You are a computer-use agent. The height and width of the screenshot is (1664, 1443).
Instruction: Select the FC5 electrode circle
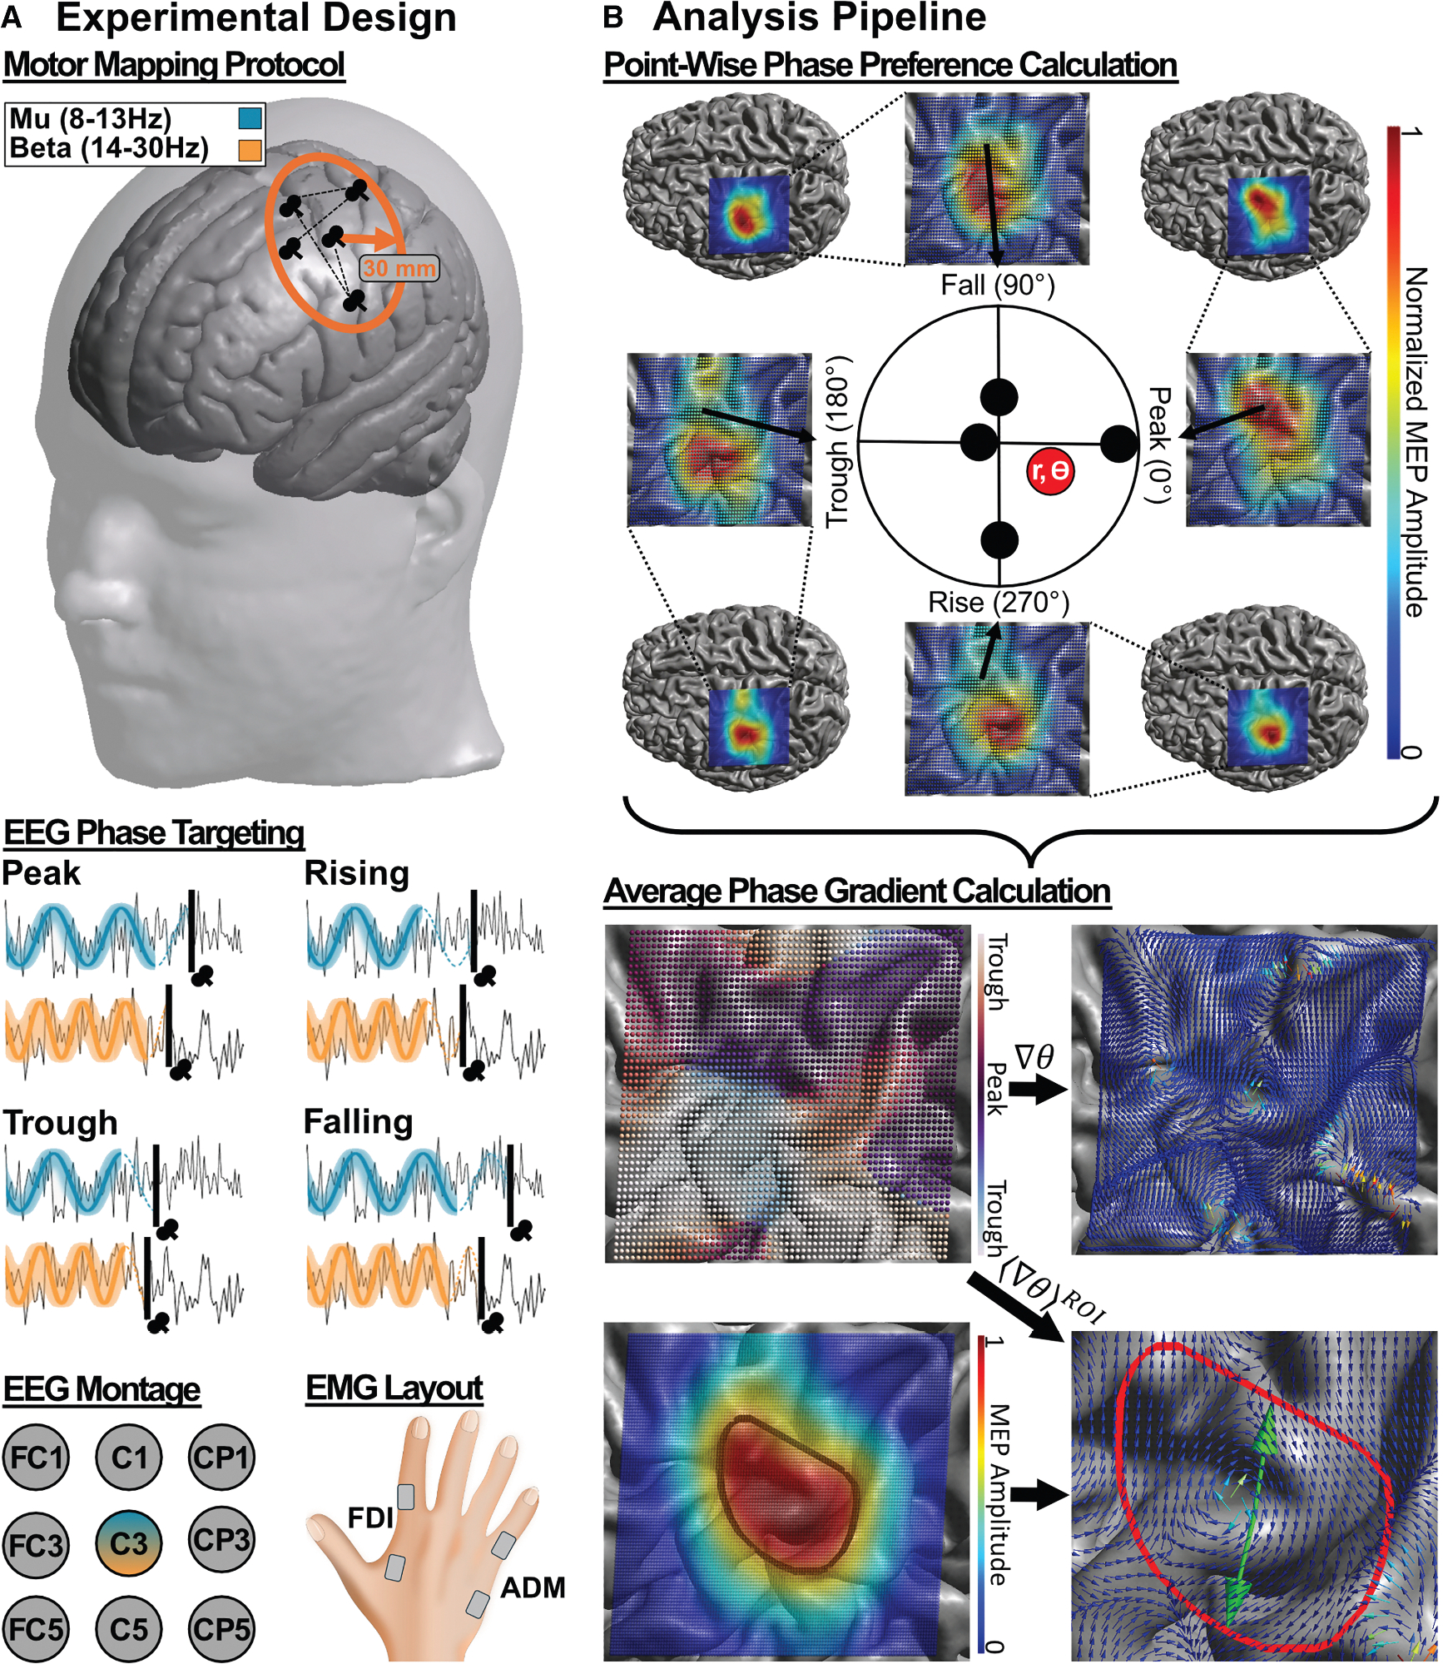(36, 1629)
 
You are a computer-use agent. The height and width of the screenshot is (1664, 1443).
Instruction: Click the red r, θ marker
(1049, 471)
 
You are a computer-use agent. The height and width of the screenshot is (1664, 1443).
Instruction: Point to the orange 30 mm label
(399, 268)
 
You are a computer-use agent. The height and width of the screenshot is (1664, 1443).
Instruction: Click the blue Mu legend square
(250, 118)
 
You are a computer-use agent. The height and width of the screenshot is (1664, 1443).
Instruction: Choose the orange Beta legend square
(250, 150)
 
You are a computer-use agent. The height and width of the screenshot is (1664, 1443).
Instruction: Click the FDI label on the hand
(370, 1517)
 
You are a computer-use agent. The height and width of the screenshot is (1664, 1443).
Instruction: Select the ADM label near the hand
(533, 1587)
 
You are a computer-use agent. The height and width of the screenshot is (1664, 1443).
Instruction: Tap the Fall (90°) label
(997, 286)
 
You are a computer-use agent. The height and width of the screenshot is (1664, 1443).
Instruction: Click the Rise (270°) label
(998, 602)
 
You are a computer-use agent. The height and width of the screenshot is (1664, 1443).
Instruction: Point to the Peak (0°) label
(1159, 445)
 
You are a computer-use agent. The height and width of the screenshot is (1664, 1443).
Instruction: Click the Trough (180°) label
(838, 441)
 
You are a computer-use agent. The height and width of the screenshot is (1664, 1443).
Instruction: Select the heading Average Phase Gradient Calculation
(856, 891)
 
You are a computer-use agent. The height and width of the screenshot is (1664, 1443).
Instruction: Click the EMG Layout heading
(394, 1388)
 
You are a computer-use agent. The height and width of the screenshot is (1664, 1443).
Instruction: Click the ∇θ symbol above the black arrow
(1034, 1057)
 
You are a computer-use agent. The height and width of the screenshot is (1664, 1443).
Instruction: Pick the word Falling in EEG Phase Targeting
(358, 1122)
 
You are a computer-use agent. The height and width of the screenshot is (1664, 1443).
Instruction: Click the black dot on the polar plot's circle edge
(1118, 445)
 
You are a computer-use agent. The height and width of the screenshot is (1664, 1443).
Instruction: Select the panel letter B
(613, 17)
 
